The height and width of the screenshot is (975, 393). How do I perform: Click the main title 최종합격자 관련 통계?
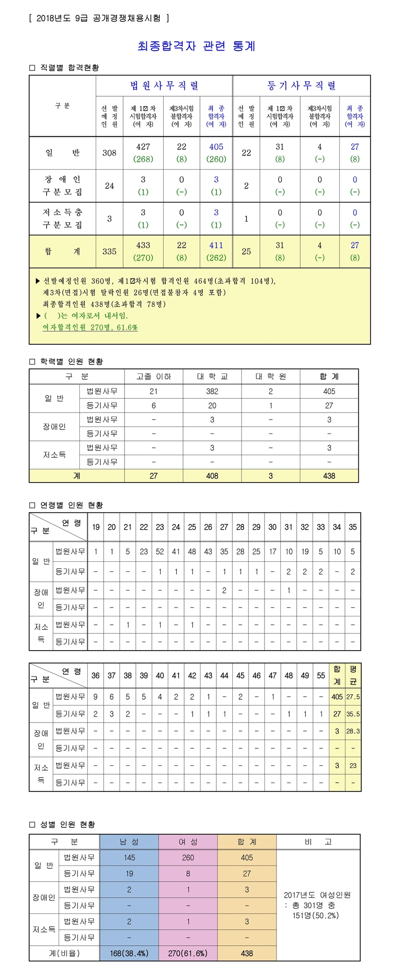tap(196, 47)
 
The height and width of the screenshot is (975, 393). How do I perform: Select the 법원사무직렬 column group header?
tap(164, 86)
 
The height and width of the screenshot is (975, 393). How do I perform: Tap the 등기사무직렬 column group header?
tap(301, 86)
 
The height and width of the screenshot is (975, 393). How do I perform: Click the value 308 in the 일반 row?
tap(109, 153)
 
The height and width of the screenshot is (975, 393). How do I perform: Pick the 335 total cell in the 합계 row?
tap(109, 251)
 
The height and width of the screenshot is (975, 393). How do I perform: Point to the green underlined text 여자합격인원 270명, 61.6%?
tap(90, 327)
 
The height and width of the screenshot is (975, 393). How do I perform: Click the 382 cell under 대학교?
tap(212, 391)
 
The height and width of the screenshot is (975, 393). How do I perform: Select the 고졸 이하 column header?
tap(153, 376)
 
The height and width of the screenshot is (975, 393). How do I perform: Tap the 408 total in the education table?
tap(212, 476)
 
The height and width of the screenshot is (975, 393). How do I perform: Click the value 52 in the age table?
tap(160, 551)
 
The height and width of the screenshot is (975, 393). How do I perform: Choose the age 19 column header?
tap(96, 527)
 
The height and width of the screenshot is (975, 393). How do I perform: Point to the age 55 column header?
tap(321, 675)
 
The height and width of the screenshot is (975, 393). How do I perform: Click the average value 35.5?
tap(353, 714)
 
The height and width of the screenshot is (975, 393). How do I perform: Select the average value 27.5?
tap(353, 697)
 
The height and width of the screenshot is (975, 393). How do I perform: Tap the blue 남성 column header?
tap(129, 842)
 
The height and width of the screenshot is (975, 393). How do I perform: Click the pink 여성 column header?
tap(188, 842)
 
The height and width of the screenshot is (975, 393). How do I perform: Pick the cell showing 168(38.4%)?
tap(129, 953)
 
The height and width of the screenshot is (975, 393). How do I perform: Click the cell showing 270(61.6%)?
tap(188, 953)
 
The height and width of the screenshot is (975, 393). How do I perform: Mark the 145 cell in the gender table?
tap(129, 857)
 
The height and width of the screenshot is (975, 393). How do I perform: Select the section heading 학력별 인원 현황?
tap(71, 362)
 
